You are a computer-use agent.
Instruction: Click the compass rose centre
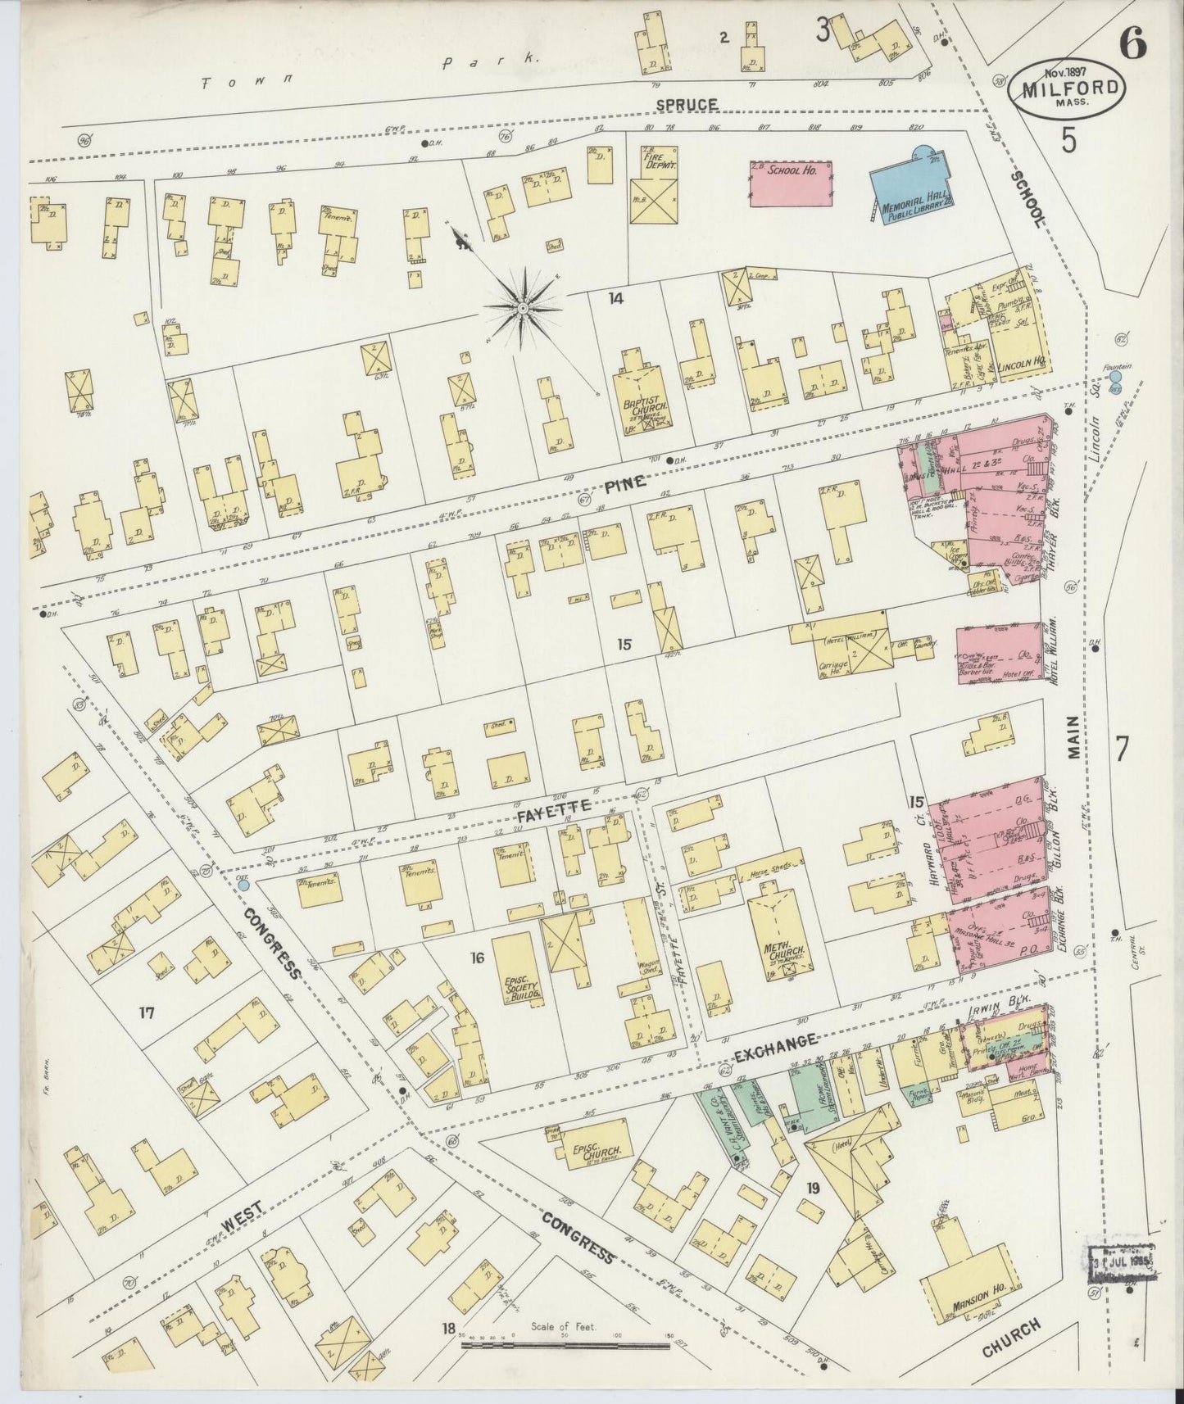coord(522,308)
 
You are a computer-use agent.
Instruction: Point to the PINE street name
coord(625,484)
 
